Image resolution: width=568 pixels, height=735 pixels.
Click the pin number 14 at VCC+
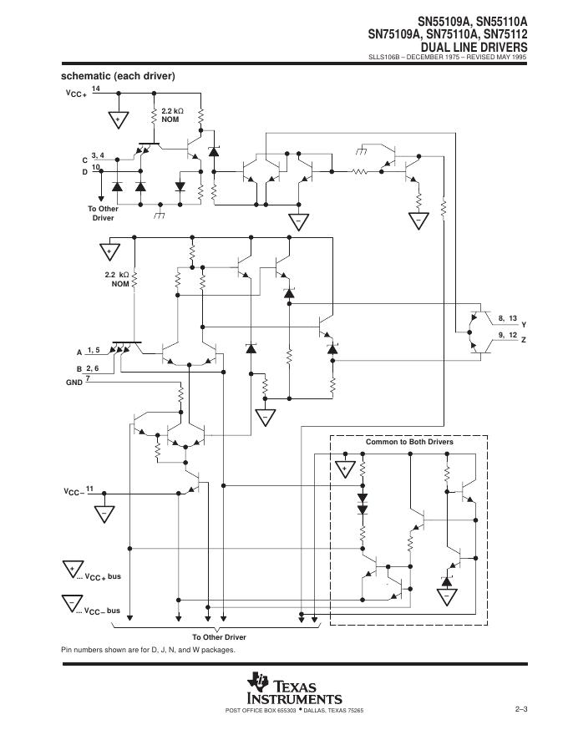coord(96,88)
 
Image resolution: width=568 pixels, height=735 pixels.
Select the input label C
coord(84,159)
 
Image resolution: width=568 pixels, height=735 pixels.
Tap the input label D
coord(84,172)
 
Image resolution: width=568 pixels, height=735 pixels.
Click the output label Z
coord(524,341)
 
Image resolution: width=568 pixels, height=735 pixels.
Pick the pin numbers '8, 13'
coord(507,318)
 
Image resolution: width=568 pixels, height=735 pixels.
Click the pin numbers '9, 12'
coord(507,335)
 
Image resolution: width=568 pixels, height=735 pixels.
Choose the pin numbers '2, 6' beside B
coord(92,367)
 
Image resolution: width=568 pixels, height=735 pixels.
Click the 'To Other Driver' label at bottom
coord(219,637)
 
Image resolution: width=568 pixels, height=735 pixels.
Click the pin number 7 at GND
coord(88,378)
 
